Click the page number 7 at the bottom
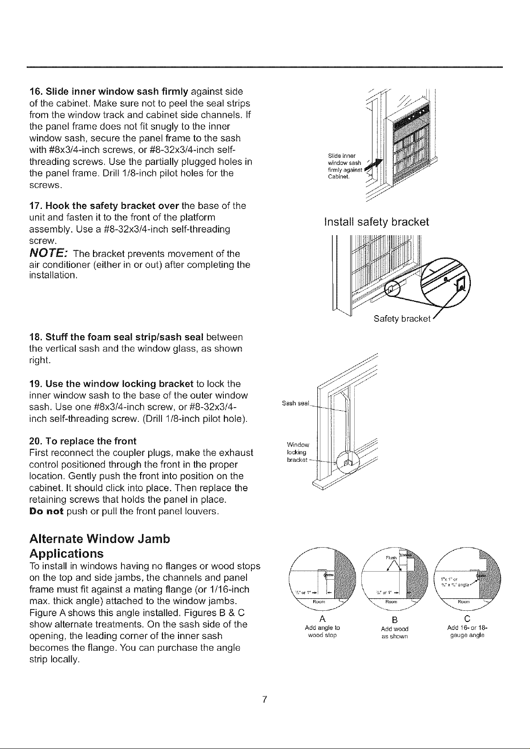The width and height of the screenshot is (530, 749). click(264, 699)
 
